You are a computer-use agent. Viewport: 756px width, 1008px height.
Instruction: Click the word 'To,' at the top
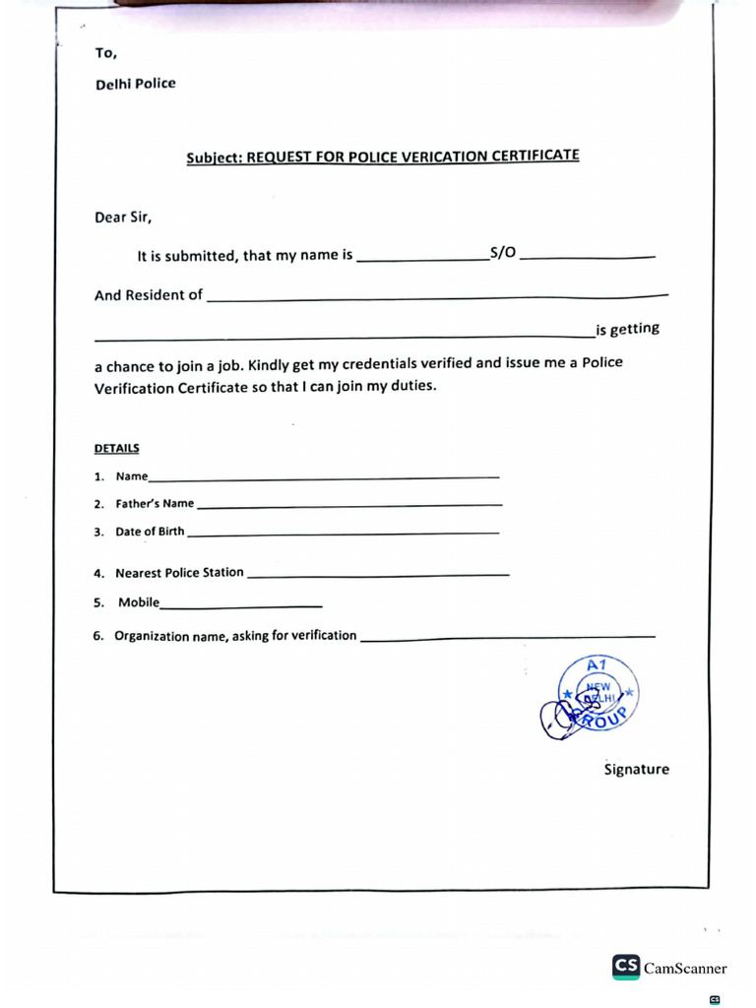[106, 53]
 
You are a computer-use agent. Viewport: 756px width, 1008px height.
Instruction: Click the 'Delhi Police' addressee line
[135, 84]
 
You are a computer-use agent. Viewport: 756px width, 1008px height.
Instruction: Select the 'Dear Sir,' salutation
[123, 218]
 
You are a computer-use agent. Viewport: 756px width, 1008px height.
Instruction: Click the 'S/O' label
[502, 254]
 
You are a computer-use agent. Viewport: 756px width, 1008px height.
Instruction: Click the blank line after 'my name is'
[421, 260]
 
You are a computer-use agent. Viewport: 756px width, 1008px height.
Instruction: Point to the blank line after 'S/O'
[587, 258]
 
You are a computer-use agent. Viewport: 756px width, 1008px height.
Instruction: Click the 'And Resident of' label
[149, 295]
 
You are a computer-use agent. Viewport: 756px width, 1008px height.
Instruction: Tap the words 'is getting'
[627, 329]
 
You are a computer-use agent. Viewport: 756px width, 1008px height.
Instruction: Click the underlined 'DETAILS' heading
[117, 449]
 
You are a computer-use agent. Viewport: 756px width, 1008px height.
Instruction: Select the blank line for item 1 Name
[324, 478]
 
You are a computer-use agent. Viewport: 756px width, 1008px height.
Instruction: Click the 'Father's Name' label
[155, 504]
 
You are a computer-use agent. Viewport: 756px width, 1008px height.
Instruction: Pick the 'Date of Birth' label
[150, 532]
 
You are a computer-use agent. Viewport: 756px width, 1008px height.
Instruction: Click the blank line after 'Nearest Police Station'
[378, 575]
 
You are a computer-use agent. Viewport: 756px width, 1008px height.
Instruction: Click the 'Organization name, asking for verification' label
[235, 636]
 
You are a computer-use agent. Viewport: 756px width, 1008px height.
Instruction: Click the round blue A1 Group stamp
[598, 694]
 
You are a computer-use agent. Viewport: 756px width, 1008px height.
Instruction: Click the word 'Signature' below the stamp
[636, 770]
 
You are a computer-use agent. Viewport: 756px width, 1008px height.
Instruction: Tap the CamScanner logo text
[684, 968]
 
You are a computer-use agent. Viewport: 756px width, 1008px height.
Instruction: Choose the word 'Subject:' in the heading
[214, 157]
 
